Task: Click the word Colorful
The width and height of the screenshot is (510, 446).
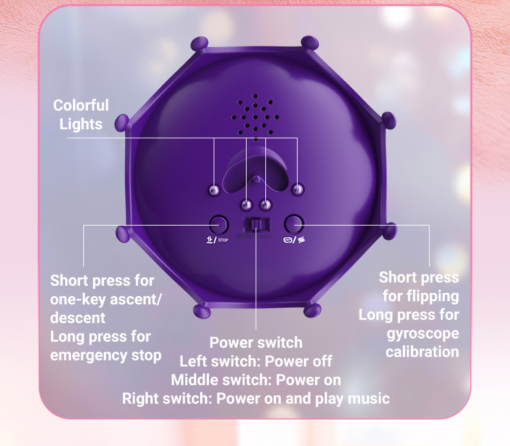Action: [x=81, y=105]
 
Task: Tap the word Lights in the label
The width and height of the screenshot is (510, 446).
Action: [x=81, y=123]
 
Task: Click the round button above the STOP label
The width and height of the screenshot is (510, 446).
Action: [x=219, y=224]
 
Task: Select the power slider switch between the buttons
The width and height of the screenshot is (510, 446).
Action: [x=256, y=225]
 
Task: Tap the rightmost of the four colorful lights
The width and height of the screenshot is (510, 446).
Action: [x=297, y=189]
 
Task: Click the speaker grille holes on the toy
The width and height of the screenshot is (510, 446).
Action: [x=256, y=114]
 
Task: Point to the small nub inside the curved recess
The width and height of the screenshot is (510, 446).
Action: [x=256, y=178]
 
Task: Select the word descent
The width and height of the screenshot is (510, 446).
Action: [x=77, y=318]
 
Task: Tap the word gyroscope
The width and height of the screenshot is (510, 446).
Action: [x=423, y=334]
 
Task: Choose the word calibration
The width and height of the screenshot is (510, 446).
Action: [x=422, y=352]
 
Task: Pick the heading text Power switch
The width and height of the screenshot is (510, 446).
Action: [x=256, y=342]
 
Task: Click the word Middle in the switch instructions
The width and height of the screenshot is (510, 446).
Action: [x=196, y=379]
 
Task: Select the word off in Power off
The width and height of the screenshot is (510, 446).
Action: [x=320, y=361]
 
